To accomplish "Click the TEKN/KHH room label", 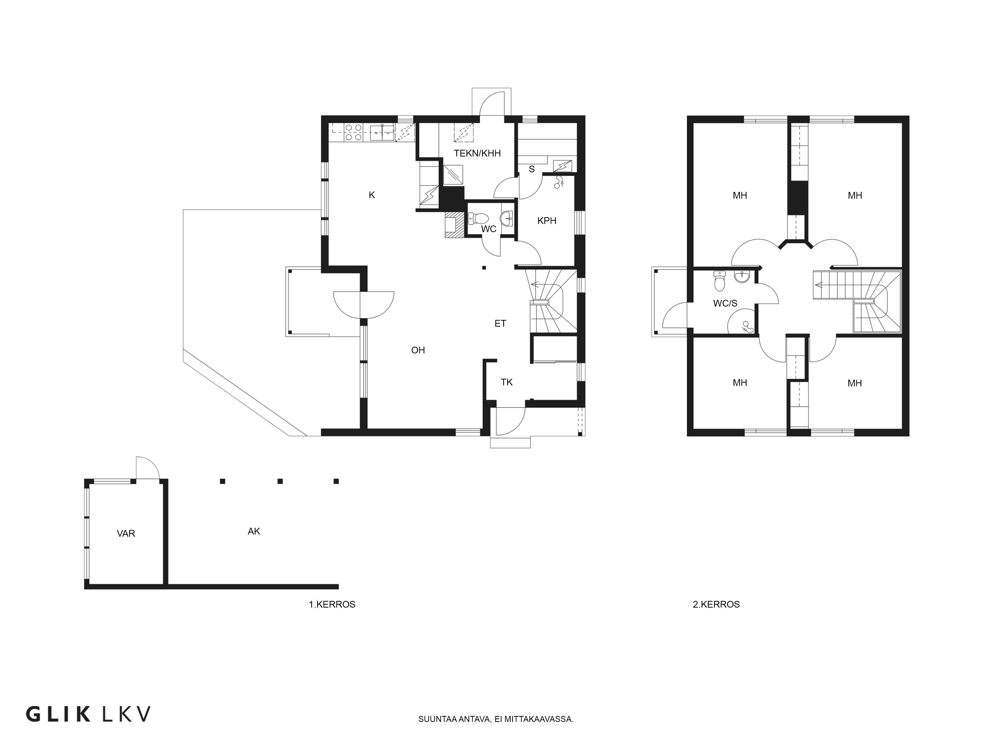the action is pos(477,153).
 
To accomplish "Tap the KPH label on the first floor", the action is pos(547,221).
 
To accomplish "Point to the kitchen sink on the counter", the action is pos(382,132).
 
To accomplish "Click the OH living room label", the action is pos(418,350).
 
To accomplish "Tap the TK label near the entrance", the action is pos(507,382).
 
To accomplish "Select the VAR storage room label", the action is pos(126,533).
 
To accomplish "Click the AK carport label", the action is pos(254,531).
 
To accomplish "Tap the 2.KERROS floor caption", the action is pos(716,605).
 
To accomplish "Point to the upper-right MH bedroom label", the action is pos(855,195).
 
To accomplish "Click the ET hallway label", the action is pos(500,323).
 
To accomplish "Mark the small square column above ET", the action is pos(484,268).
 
